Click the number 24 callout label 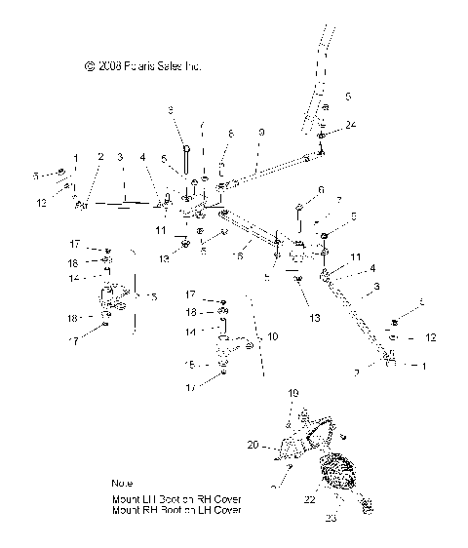351,124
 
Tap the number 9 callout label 260,132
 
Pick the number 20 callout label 252,445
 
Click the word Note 123,484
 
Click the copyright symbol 90,67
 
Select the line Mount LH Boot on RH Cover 175,498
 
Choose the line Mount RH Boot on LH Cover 175,510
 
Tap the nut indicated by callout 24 322,136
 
